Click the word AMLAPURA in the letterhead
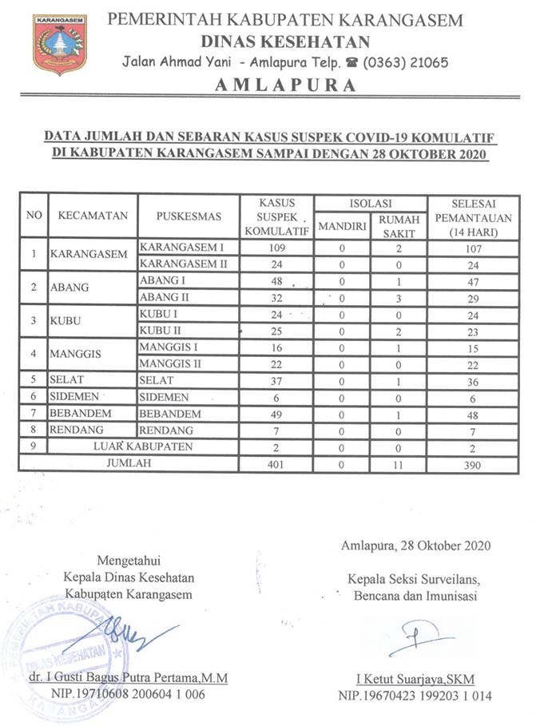(x=285, y=86)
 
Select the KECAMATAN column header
(x=93, y=216)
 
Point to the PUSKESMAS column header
(x=189, y=216)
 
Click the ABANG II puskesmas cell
(x=161, y=297)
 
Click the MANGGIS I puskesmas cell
(x=168, y=347)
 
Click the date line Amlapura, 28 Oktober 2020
(x=415, y=545)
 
